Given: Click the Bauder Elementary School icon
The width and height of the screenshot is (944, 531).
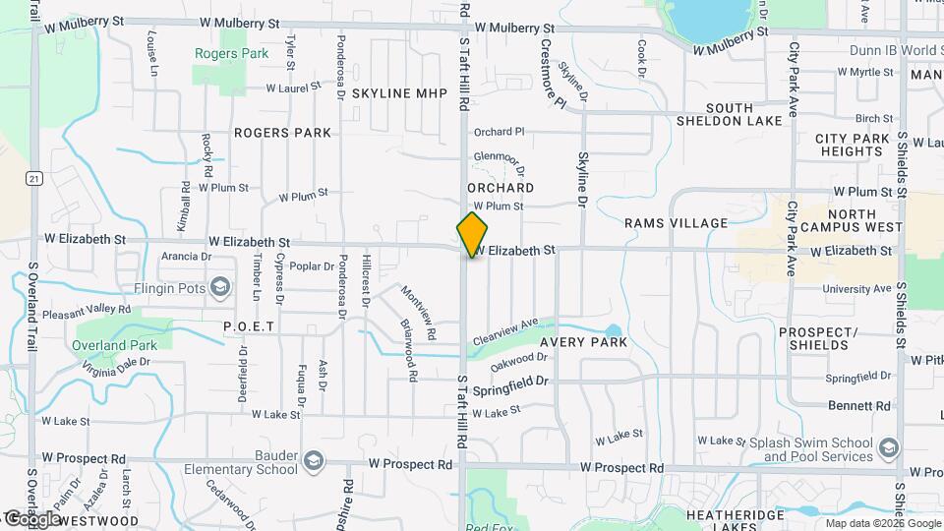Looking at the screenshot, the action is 313,461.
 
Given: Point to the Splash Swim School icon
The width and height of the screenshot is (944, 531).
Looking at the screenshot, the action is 889,448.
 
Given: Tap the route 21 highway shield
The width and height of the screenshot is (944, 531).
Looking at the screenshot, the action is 34,178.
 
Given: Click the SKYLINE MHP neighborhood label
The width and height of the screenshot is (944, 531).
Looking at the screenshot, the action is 399,92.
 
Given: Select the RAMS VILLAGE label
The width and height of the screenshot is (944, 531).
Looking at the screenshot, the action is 676,223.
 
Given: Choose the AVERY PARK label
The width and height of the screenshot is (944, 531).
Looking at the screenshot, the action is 582,342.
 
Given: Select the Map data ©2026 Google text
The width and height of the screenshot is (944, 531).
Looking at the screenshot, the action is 882,522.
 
